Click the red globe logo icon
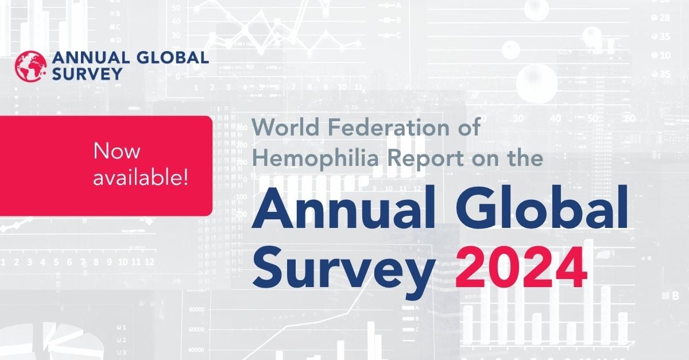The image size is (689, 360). [31, 65]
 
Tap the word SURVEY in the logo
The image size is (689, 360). [87, 73]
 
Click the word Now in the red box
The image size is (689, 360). [117, 152]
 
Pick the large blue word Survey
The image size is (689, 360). [343, 270]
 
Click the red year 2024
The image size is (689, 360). [521, 270]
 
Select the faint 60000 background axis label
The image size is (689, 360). [197, 330]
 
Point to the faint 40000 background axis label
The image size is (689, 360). [197, 350]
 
